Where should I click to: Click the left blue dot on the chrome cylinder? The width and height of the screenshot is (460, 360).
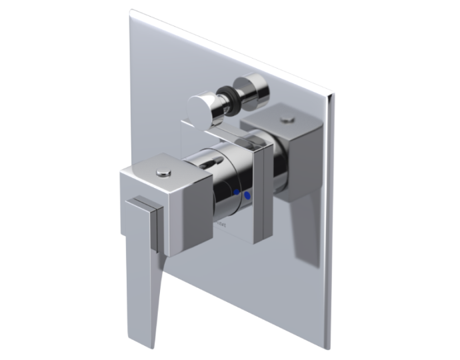tap(236, 193)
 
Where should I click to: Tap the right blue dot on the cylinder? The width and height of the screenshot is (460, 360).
tap(247, 196)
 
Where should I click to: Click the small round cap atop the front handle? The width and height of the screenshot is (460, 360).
tap(163, 173)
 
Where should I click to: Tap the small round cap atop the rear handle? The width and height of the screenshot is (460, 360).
tap(287, 121)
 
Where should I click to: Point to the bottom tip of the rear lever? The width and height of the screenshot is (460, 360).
tap(301, 256)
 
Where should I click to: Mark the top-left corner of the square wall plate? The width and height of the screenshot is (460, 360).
tap(131, 11)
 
